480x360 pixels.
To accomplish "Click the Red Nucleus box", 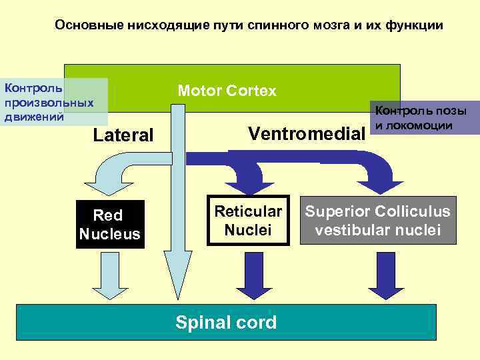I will pyautogui.click(x=109, y=225).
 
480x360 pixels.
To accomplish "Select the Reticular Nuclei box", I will pyautogui.click(x=248, y=221).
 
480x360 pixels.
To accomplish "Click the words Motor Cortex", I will pyautogui.click(x=227, y=91).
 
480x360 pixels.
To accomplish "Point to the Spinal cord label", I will pyautogui.click(x=225, y=323).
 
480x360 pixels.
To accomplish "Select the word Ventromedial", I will pyautogui.click(x=307, y=133).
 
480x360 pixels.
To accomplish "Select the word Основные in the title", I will pyautogui.click(x=84, y=25).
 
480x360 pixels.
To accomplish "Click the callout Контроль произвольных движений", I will pyautogui.click(x=50, y=102).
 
